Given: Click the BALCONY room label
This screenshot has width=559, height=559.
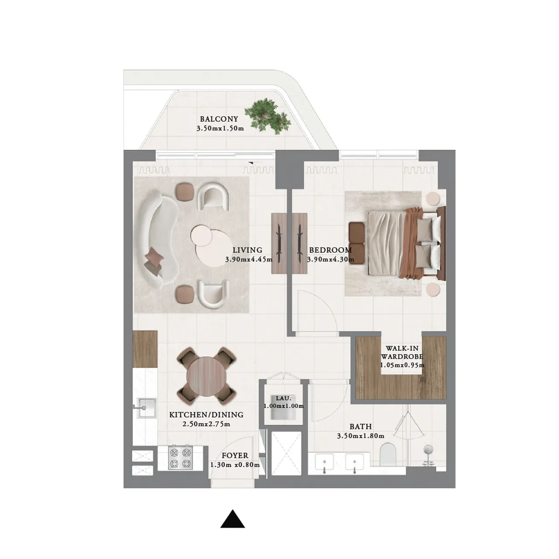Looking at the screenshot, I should (x=219, y=119).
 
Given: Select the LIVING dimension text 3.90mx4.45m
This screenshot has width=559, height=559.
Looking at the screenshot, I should (x=248, y=259).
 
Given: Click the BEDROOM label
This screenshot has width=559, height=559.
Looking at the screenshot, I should (x=330, y=250).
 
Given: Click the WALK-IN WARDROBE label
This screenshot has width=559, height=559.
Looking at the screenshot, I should (x=402, y=352).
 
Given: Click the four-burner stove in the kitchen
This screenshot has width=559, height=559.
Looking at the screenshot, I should (x=180, y=457).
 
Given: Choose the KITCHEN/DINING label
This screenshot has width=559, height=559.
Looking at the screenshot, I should (x=206, y=415).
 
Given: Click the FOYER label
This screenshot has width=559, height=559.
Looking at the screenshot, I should (x=235, y=455).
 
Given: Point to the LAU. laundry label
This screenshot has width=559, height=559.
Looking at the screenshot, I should (x=283, y=398).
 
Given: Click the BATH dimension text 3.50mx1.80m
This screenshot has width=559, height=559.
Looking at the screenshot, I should (x=360, y=436).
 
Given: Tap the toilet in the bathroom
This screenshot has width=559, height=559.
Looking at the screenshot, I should (x=387, y=454).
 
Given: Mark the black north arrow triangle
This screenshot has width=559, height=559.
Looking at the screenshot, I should (x=232, y=519).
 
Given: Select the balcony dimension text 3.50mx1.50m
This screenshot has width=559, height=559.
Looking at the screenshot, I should (x=220, y=128).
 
